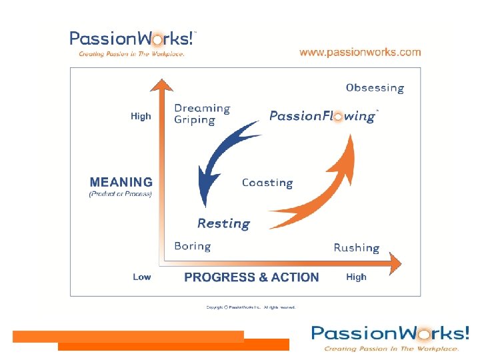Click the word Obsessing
(x=375, y=88)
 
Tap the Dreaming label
(x=202, y=109)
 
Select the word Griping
(x=195, y=121)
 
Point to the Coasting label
(x=267, y=183)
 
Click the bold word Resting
(x=223, y=224)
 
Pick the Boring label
(x=192, y=246)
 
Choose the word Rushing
(x=357, y=248)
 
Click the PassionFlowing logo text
(x=323, y=116)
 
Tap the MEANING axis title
(x=121, y=182)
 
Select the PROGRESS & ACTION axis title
(x=251, y=277)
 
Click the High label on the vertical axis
(x=141, y=116)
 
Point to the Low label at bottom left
(x=141, y=277)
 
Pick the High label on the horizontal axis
(x=356, y=277)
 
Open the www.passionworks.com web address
(x=360, y=52)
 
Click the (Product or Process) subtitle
(x=121, y=194)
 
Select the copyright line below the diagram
(x=251, y=307)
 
